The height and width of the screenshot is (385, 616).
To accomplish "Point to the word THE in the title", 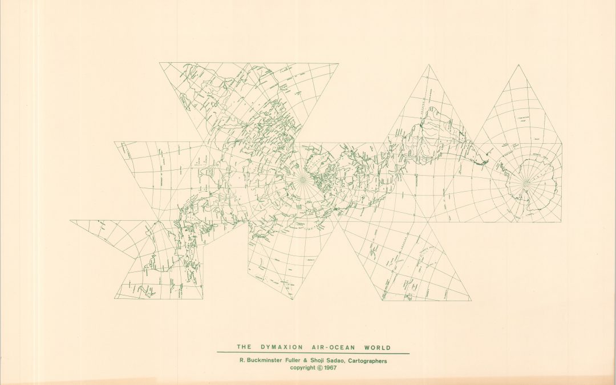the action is tap(244, 347).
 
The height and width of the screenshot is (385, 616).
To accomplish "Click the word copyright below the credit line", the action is tap(305, 368).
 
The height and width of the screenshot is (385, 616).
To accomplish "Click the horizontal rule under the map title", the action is tap(313, 353).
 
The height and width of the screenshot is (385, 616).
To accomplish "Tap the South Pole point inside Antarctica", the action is tap(525, 183).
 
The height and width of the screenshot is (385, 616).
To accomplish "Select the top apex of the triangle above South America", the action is tap(429, 65).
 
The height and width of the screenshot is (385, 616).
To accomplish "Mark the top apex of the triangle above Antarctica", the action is tap(518, 65).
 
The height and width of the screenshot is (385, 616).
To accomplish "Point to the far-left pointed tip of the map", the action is tap(71, 221).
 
